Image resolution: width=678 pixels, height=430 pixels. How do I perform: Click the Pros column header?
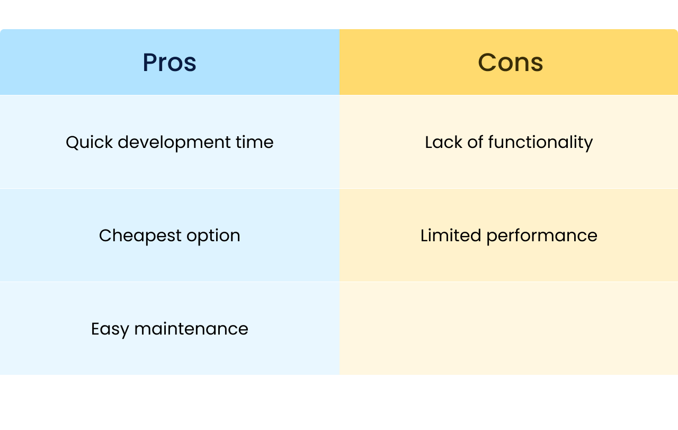coord(169,63)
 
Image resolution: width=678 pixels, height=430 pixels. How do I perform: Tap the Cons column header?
coord(510,63)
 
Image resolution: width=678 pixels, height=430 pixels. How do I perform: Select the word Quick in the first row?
coord(90,142)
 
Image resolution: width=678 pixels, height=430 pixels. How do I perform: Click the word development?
coord(174,143)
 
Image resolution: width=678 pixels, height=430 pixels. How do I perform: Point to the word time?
coord(255,142)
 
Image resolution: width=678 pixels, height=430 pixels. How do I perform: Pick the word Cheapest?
coord(140,236)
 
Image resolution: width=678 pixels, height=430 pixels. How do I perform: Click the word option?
coord(213,236)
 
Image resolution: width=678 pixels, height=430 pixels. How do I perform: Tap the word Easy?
coord(110,329)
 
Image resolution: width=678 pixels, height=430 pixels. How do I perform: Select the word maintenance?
coord(191,329)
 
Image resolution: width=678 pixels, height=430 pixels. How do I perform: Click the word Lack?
coord(443,142)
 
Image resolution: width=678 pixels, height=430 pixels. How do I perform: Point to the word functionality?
coord(540,143)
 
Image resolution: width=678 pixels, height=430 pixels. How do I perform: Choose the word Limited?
coord(451,235)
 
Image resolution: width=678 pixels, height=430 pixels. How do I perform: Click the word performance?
coord(542,236)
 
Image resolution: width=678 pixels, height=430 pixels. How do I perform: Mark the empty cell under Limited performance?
coord(509,328)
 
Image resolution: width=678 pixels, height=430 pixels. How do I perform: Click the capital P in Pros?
coord(149,63)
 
